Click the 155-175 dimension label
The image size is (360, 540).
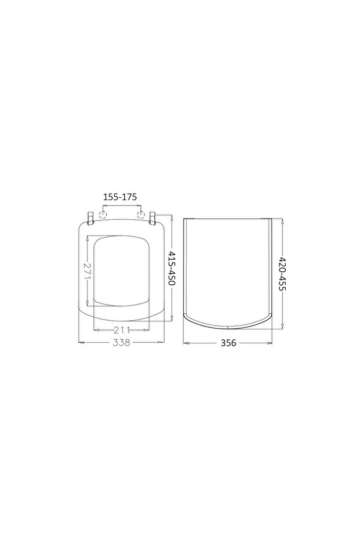(x=120, y=197)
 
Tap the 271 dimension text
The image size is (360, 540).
(x=87, y=270)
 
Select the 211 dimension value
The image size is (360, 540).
(x=122, y=329)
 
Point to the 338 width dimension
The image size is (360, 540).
(x=121, y=343)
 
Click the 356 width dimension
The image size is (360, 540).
(x=228, y=343)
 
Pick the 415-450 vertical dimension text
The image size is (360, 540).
(x=173, y=270)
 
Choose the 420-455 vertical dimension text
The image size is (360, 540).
(x=282, y=274)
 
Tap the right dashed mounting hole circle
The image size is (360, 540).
(x=140, y=215)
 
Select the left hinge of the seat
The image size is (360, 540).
(x=90, y=218)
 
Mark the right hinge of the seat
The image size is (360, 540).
(x=153, y=218)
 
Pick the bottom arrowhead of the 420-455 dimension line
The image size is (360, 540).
(x=282, y=327)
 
